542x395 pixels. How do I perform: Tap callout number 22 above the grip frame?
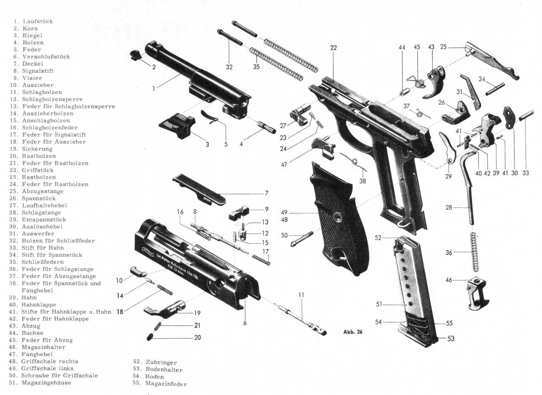[333, 48]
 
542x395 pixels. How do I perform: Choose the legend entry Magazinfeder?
[166, 384]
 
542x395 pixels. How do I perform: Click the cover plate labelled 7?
[200, 190]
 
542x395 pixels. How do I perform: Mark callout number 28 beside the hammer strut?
[448, 207]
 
